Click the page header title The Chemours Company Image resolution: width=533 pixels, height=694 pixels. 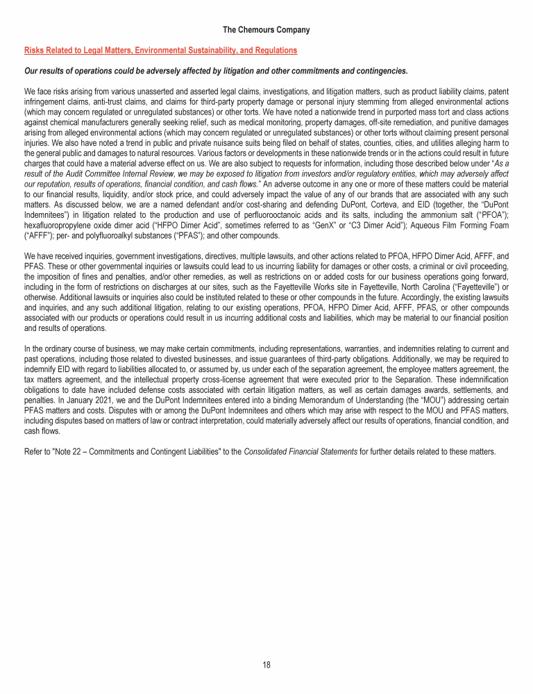(266, 30)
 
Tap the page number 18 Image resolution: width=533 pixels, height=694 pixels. (266, 665)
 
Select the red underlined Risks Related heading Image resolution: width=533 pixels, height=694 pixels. (160, 51)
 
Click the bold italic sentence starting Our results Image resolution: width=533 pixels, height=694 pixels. (216, 71)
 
